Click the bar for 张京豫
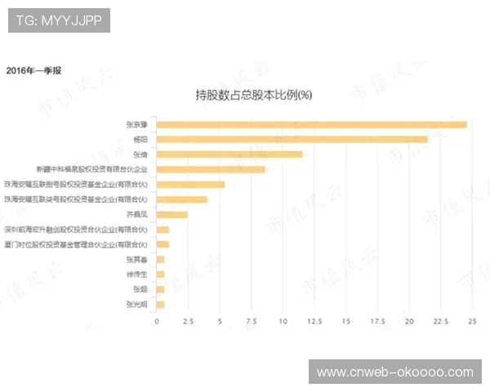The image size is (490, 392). point(311,124)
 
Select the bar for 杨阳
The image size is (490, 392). point(292,139)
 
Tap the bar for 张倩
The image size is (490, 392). point(229,154)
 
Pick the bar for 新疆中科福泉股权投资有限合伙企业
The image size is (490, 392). point(211,169)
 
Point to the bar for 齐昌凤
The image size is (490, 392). point(172,214)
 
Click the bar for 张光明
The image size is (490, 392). point(161,305)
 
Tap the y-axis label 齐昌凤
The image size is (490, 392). point(137,215)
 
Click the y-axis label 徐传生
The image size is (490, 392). point(137,274)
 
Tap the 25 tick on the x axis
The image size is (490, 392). point(471,322)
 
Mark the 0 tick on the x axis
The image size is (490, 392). point(157,322)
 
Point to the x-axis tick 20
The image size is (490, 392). point(408,322)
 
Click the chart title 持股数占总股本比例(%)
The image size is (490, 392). point(254,95)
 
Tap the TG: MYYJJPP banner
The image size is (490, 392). point(59,20)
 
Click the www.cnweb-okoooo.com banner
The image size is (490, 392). point(394,372)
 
